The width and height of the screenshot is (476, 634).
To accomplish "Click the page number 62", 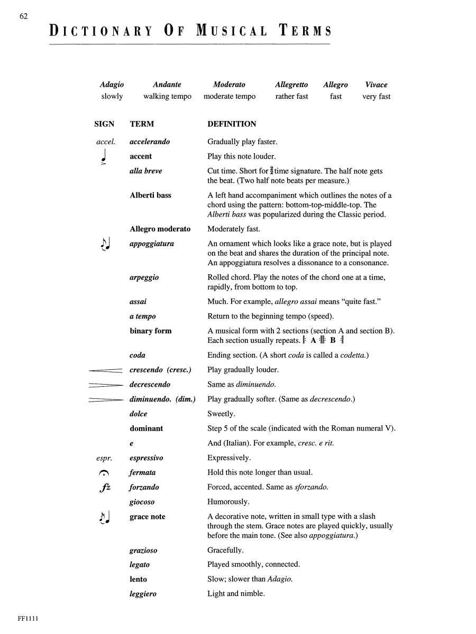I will (x=23, y=16).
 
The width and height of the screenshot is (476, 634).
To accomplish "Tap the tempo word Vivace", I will (x=376, y=85).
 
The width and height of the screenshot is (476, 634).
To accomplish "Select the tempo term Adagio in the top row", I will (x=112, y=85).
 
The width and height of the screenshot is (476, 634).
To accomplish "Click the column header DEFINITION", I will (x=232, y=124).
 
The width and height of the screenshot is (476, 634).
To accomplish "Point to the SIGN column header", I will (x=104, y=124).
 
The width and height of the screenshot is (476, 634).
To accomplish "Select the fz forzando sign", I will (x=105, y=488).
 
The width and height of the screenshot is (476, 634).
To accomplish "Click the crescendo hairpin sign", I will (x=106, y=370).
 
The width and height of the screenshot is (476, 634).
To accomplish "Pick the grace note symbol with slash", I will (x=105, y=518).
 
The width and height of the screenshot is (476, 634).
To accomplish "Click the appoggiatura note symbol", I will (x=105, y=245).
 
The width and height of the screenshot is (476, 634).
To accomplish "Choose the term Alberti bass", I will (x=150, y=195).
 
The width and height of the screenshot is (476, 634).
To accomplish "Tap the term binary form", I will (x=150, y=331).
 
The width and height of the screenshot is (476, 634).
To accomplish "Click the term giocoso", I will (x=142, y=502).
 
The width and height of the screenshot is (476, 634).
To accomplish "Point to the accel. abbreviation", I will (x=105, y=142).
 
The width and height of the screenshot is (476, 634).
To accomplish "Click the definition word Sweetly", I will (x=222, y=414).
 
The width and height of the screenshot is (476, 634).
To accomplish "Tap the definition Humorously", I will (x=228, y=502).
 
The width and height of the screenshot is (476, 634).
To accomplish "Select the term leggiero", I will (x=143, y=594).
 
